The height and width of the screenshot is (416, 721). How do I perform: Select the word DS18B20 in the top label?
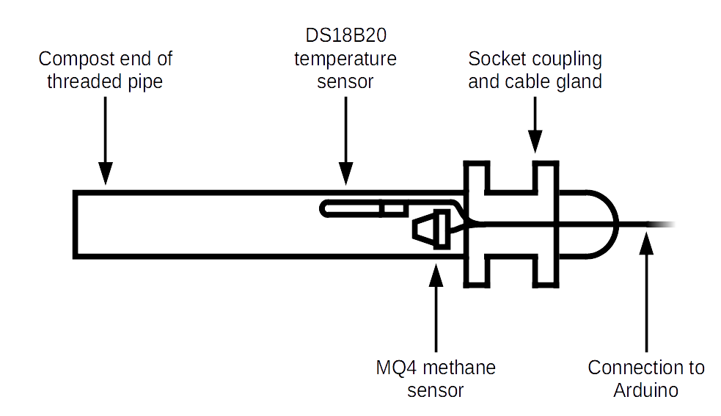345,37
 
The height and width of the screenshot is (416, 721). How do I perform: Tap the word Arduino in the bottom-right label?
645,390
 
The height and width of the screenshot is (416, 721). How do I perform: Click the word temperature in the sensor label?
345,59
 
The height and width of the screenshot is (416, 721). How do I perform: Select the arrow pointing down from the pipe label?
105,139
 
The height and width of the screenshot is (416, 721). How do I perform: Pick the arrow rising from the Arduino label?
645,293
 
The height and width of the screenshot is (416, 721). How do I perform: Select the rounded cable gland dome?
590,224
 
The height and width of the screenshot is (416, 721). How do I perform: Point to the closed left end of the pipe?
76,224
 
